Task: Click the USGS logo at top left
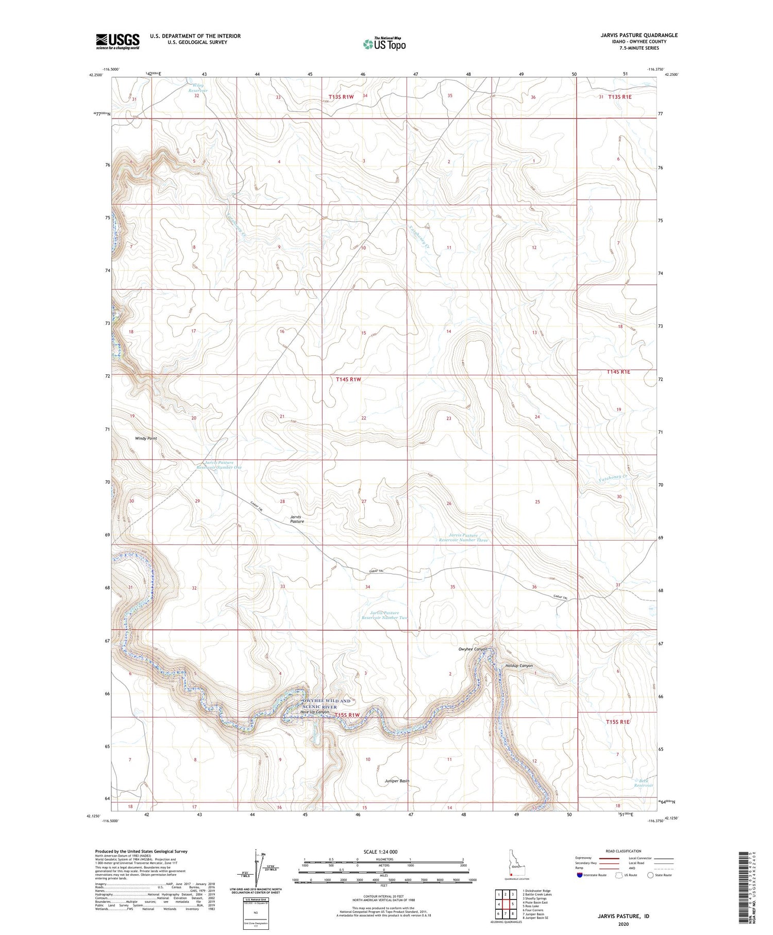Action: click(117, 41)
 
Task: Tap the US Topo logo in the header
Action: click(384, 44)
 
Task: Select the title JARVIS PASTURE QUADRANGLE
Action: click(631, 36)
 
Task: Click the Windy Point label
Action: click(146, 438)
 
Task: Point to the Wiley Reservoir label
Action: click(197, 88)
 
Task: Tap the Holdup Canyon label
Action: click(519, 666)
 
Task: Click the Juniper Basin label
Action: click(397, 781)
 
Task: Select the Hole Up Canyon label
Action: click(314, 712)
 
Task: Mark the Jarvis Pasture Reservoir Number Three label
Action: click(463, 538)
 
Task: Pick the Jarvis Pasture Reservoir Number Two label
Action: click(384, 615)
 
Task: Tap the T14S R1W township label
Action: click(348, 380)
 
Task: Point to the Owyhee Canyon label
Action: click(473, 649)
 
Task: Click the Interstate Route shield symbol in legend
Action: click(579, 875)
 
